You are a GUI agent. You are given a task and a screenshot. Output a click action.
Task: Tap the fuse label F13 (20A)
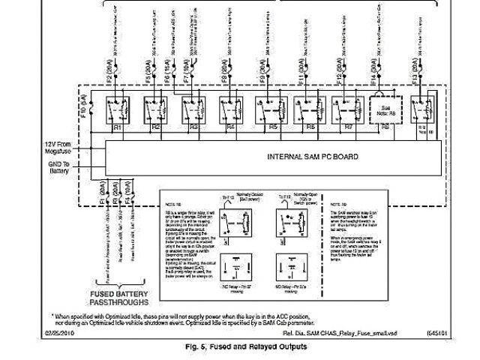pyautogui.click(x=416, y=76)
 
